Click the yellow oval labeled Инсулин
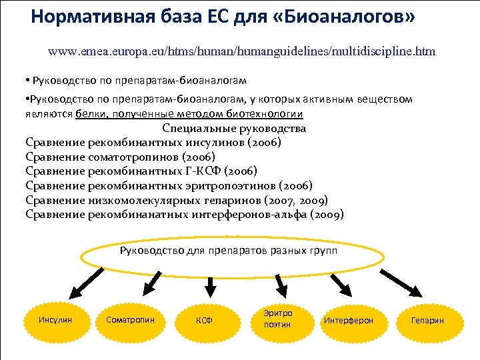[56, 320]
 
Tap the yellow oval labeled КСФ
[204, 320]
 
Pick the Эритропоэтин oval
[278, 319]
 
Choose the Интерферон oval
[348, 321]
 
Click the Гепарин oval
[427, 321]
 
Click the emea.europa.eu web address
[241, 51]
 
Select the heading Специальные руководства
[234, 128]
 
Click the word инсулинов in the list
[213, 143]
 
